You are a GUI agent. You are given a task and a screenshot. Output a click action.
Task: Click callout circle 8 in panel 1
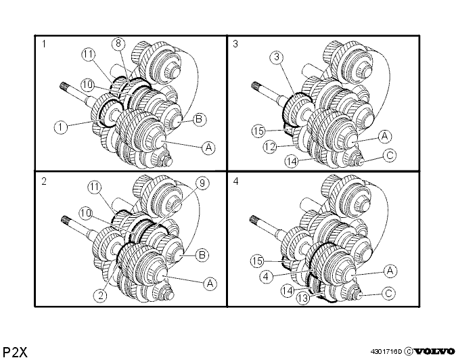point(118,43)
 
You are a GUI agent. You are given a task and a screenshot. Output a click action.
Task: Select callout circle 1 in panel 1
point(61,127)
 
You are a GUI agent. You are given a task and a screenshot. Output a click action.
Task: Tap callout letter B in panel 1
point(199,119)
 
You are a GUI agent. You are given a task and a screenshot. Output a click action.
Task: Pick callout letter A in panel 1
point(208,148)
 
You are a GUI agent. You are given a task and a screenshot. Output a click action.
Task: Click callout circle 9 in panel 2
point(202,183)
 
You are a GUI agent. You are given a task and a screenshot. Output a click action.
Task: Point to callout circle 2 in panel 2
point(100,296)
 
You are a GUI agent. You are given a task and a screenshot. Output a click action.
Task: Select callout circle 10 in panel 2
point(86,213)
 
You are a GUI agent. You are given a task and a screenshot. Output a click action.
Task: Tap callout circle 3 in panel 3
point(277,57)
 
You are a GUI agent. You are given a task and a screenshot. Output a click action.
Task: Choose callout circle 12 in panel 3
point(270,147)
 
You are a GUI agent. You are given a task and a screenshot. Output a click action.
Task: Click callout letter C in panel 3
point(390,155)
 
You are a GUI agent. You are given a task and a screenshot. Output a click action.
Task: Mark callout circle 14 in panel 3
point(292,161)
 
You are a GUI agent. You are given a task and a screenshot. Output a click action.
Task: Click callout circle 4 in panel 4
point(267,276)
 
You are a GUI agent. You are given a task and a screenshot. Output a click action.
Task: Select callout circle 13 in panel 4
point(303,298)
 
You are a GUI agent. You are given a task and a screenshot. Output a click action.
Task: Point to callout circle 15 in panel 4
point(257,261)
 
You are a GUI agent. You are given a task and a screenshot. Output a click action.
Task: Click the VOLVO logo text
point(434,351)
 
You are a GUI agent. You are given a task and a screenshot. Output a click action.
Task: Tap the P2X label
point(15,353)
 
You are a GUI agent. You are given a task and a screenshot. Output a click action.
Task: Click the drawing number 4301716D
point(386,352)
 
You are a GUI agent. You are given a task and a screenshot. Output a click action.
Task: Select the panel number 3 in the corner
point(235,44)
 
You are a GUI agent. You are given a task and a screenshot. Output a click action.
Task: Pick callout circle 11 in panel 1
point(89,54)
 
